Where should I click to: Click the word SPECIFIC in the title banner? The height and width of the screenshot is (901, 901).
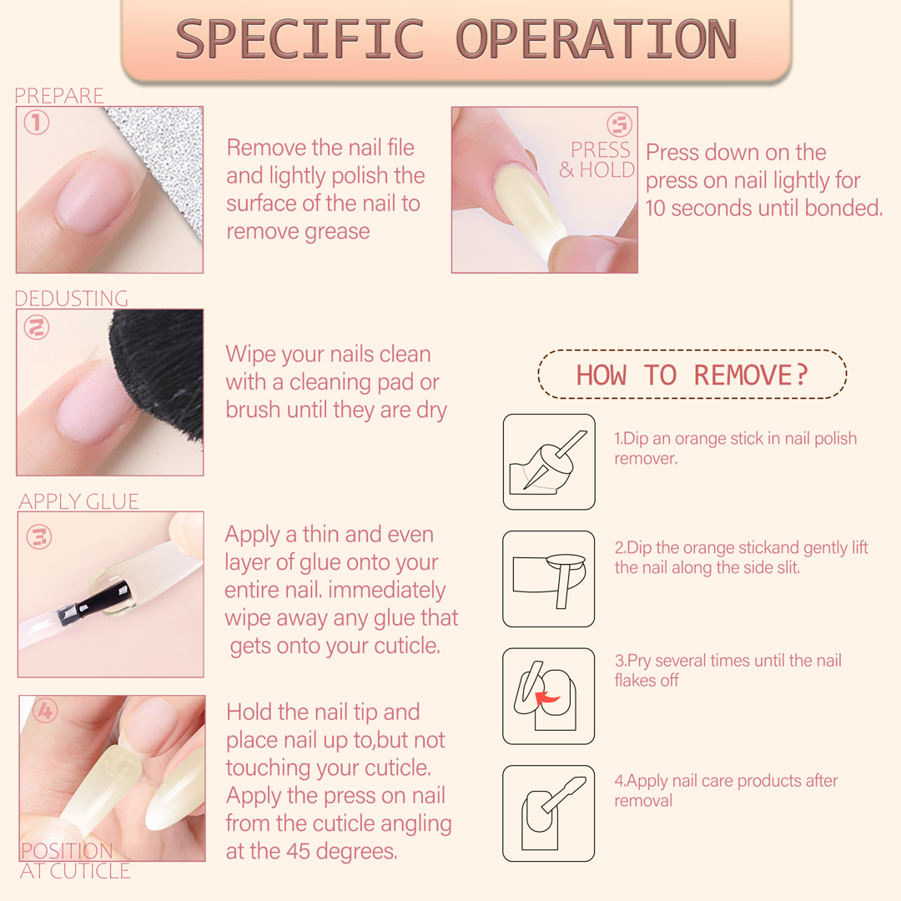pyautogui.click(x=299, y=39)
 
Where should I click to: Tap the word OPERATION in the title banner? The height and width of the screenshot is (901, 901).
pyautogui.click(x=596, y=39)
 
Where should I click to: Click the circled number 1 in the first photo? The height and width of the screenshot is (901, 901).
pyautogui.click(x=36, y=123)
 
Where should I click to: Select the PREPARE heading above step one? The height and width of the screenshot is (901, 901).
pyautogui.click(x=58, y=95)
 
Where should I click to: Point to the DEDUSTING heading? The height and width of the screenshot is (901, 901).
pyautogui.click(x=71, y=298)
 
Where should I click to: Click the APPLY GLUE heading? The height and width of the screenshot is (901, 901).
pyautogui.click(x=78, y=501)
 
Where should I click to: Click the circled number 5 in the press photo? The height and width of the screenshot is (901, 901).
pyautogui.click(x=619, y=124)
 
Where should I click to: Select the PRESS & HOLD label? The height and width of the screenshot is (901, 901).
pyautogui.click(x=597, y=159)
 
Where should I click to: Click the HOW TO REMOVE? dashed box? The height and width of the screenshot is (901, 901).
pyautogui.click(x=692, y=374)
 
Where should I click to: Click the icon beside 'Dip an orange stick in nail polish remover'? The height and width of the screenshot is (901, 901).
pyautogui.click(x=549, y=462)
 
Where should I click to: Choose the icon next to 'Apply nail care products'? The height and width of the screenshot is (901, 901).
pyautogui.click(x=549, y=813)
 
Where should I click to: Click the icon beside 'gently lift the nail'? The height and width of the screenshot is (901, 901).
pyautogui.click(x=549, y=579)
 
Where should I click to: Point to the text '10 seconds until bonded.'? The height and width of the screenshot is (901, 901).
pyautogui.click(x=763, y=208)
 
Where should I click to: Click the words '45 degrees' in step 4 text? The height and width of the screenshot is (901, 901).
pyautogui.click(x=341, y=851)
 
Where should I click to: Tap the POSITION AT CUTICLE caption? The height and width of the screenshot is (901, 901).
pyautogui.click(x=75, y=861)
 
